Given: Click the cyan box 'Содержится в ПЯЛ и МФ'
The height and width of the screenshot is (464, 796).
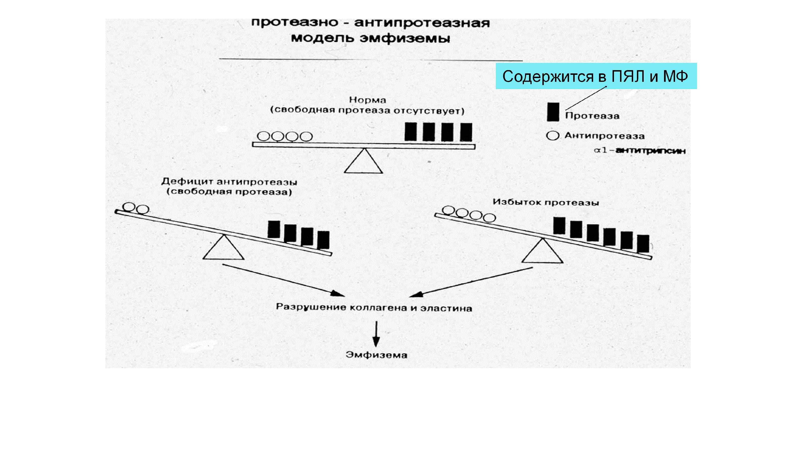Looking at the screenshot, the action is point(596,76).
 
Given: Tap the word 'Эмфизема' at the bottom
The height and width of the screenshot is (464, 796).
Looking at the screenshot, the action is point(376,355).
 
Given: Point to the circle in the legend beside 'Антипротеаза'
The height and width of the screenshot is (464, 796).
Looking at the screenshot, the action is point(552,136).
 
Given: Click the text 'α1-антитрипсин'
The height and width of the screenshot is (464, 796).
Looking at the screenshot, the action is point(640,151).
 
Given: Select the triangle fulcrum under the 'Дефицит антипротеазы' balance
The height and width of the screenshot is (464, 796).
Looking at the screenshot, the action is point(223,249).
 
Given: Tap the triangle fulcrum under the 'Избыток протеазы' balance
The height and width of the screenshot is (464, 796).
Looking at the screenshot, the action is point(542,252).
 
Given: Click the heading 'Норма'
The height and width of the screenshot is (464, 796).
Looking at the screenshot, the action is point(367,100).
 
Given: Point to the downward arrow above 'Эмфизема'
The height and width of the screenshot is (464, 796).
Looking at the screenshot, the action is point(376,335).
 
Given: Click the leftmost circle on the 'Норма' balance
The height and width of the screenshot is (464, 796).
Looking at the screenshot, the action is point(263,136).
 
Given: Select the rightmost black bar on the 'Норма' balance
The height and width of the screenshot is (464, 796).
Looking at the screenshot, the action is point(466,132).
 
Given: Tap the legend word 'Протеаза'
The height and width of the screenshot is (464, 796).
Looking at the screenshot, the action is point(592,116).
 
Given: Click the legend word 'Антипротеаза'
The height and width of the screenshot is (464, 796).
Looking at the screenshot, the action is point(604,136).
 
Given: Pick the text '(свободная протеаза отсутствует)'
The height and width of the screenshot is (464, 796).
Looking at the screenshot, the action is point(367,111).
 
